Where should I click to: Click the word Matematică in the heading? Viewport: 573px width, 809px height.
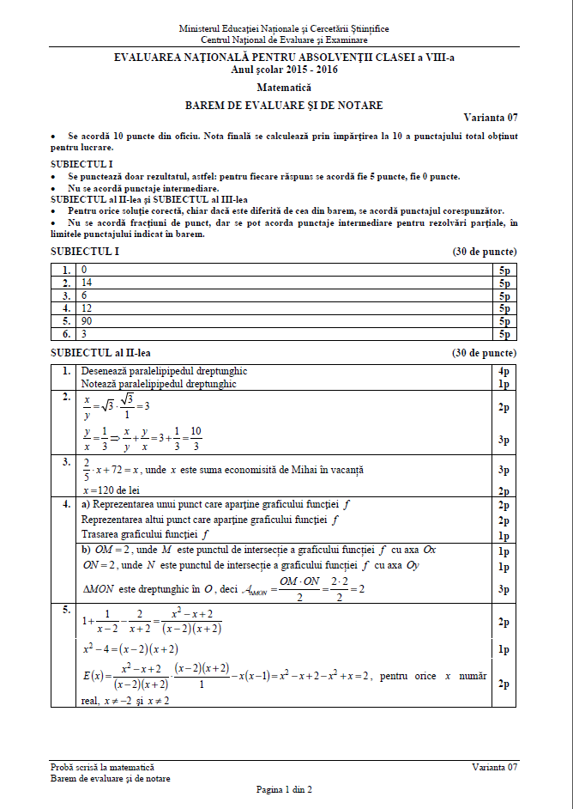pyautogui.click(x=284, y=88)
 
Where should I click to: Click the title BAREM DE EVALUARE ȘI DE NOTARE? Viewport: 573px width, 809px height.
pyautogui.click(x=284, y=106)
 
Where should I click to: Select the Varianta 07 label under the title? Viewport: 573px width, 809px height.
pyautogui.click(x=491, y=118)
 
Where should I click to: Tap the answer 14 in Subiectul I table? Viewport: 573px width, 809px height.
pyautogui.click(x=87, y=282)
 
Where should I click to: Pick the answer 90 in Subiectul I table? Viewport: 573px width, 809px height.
pyautogui.click(x=87, y=320)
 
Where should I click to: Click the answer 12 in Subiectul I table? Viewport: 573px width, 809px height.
pyautogui.click(x=87, y=307)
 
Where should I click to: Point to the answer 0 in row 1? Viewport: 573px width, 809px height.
pyautogui.click(x=83, y=269)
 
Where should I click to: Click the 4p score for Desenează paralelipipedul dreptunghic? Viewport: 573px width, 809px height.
pyautogui.click(x=504, y=371)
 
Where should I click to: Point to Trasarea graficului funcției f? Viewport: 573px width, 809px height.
pyautogui.click(x=145, y=533)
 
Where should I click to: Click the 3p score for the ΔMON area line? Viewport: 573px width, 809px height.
pyautogui.click(x=504, y=590)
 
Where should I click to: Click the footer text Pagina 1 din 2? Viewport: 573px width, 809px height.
pyautogui.click(x=284, y=788)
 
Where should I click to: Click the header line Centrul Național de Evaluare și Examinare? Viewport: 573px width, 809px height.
pyautogui.click(x=284, y=40)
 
